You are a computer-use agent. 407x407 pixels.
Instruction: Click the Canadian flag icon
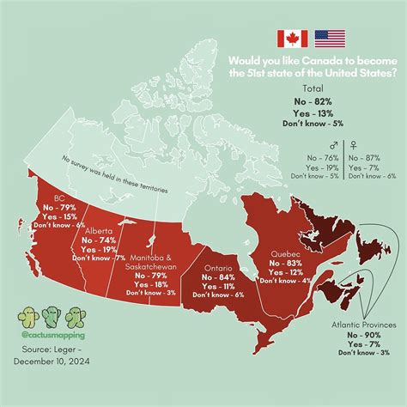pos(292,38)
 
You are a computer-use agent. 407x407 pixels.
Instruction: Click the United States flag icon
pos(330,38)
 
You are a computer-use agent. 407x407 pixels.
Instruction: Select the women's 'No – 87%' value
pos(373,158)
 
